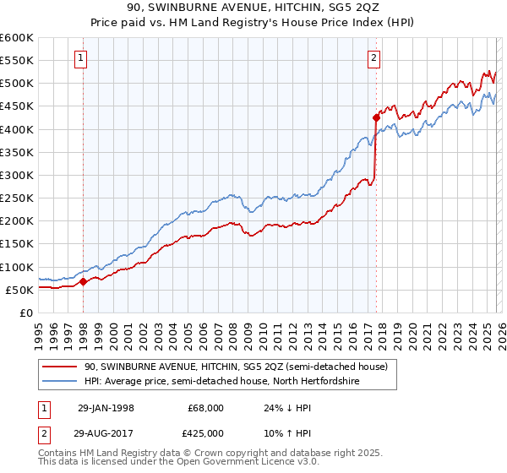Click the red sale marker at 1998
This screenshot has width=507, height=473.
[x=84, y=282]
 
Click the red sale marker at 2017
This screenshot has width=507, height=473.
[x=375, y=118]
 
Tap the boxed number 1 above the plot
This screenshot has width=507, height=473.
[x=80, y=58]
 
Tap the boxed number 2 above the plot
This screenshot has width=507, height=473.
[x=373, y=58]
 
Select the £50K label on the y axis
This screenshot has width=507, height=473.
[x=19, y=290]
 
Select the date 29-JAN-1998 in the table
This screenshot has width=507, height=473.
[x=106, y=408]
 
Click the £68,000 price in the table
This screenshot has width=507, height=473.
[x=205, y=408]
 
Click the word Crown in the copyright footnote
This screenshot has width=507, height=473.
[x=207, y=453]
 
